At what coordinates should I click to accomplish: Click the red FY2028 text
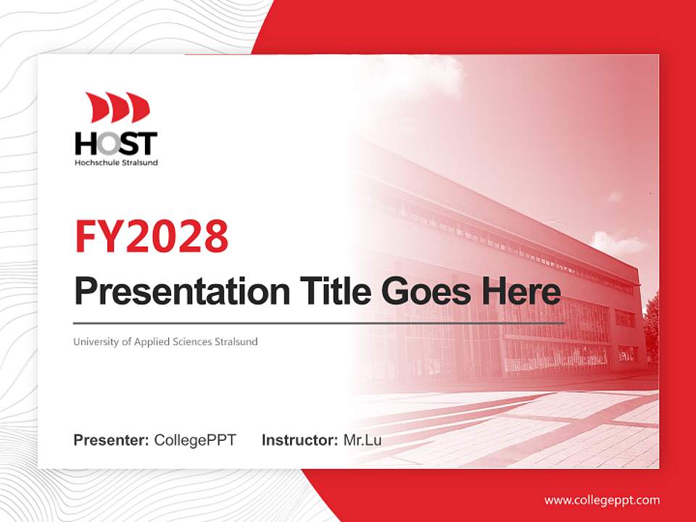coord(152,236)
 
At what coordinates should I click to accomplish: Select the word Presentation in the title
coord(182,291)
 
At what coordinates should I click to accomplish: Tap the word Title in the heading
coord(336,291)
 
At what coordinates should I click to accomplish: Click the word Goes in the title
coord(426,292)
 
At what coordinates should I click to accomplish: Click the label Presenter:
coord(111,440)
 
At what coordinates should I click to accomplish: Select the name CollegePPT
coord(195,440)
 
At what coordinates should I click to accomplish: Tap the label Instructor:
coord(299,440)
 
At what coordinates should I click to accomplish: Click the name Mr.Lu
coord(362,440)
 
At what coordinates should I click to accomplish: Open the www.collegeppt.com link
coord(602,500)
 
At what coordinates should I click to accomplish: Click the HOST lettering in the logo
coord(116,143)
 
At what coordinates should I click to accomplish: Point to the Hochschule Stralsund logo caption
coord(116,162)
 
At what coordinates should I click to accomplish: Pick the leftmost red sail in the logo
coord(96,107)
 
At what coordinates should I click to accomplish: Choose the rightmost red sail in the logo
coord(139,107)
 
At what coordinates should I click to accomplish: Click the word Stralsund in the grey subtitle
coord(236,341)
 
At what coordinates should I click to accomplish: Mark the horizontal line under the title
coord(319,323)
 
